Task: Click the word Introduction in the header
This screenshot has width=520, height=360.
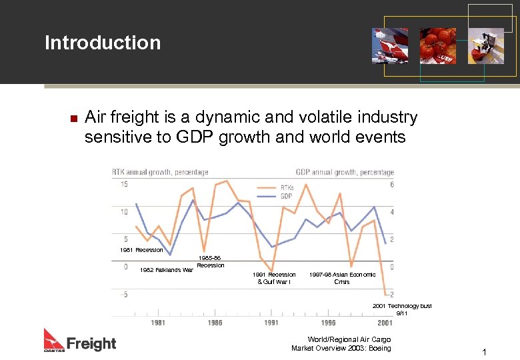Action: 103,43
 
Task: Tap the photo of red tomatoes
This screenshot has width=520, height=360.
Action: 437,45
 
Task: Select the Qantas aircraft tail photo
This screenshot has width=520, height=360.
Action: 390,45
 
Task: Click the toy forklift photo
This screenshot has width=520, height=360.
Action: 485,45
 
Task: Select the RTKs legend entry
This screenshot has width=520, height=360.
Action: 287,187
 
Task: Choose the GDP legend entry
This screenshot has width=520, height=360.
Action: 286,196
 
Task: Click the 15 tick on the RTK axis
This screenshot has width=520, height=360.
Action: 124,185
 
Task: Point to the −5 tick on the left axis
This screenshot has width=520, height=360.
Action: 124,295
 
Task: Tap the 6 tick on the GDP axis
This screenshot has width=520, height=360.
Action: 391,185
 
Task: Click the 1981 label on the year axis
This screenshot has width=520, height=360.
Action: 158,323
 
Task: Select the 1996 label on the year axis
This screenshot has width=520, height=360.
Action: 328,323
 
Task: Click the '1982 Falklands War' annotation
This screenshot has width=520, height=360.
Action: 166,270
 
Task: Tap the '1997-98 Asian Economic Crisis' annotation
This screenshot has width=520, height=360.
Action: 342,278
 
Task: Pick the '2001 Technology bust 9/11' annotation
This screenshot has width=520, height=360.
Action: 402,309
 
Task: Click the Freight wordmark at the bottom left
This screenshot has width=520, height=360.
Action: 91,343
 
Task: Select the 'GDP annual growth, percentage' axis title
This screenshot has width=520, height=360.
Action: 345,172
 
